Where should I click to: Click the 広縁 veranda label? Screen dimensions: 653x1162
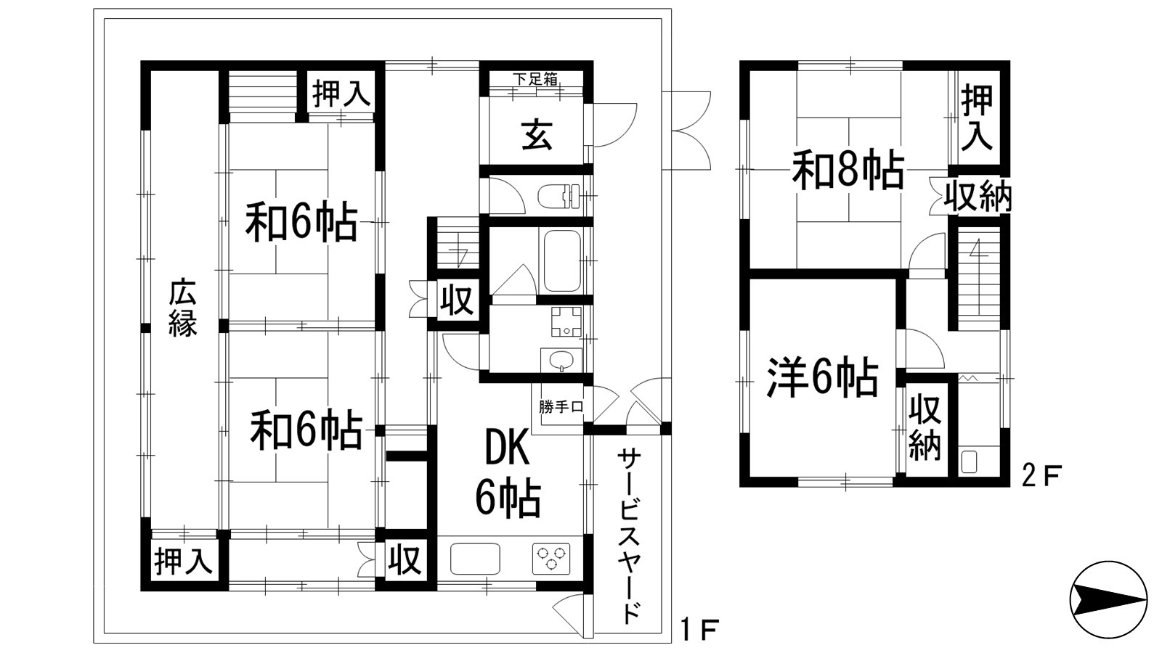(x=183, y=308)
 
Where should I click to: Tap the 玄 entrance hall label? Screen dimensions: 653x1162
(x=537, y=135)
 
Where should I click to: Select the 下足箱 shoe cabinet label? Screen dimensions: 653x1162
(x=535, y=79)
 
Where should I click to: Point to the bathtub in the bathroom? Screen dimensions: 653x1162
(x=562, y=260)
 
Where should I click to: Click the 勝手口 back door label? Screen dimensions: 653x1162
(x=561, y=407)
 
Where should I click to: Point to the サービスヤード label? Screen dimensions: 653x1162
(x=630, y=535)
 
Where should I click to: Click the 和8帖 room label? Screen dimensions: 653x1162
(x=848, y=172)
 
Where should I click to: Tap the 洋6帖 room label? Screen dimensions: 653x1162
(x=823, y=377)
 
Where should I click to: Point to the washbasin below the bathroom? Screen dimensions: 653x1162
(x=561, y=360)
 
